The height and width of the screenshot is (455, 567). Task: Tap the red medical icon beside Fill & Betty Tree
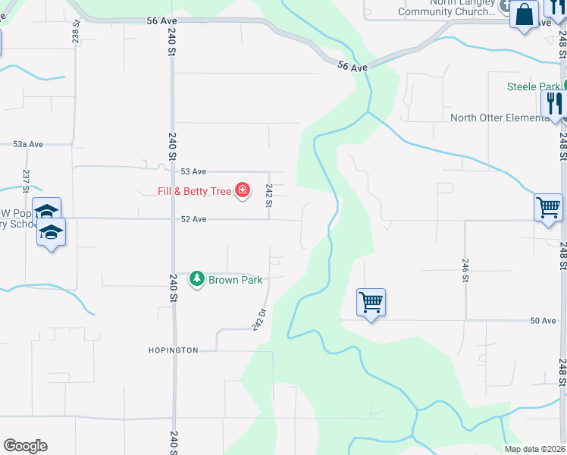[x=243, y=190]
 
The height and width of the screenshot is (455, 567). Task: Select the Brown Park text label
[x=236, y=280]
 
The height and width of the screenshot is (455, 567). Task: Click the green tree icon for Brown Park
[x=197, y=280]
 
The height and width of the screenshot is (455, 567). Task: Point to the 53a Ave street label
[x=28, y=143]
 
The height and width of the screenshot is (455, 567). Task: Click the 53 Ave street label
[x=193, y=171]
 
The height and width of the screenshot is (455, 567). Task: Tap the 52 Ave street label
[x=193, y=219]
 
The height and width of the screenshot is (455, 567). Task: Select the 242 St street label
[x=269, y=196]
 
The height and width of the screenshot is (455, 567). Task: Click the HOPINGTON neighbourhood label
[x=173, y=350]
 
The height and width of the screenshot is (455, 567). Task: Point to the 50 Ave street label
[x=543, y=321]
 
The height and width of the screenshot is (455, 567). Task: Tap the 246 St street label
[x=465, y=270]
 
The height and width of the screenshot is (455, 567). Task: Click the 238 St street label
[x=76, y=31]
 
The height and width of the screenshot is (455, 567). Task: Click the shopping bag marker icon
[x=524, y=14]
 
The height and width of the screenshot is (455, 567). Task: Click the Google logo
[x=25, y=446]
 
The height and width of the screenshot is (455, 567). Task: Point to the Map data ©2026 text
[x=534, y=449]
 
